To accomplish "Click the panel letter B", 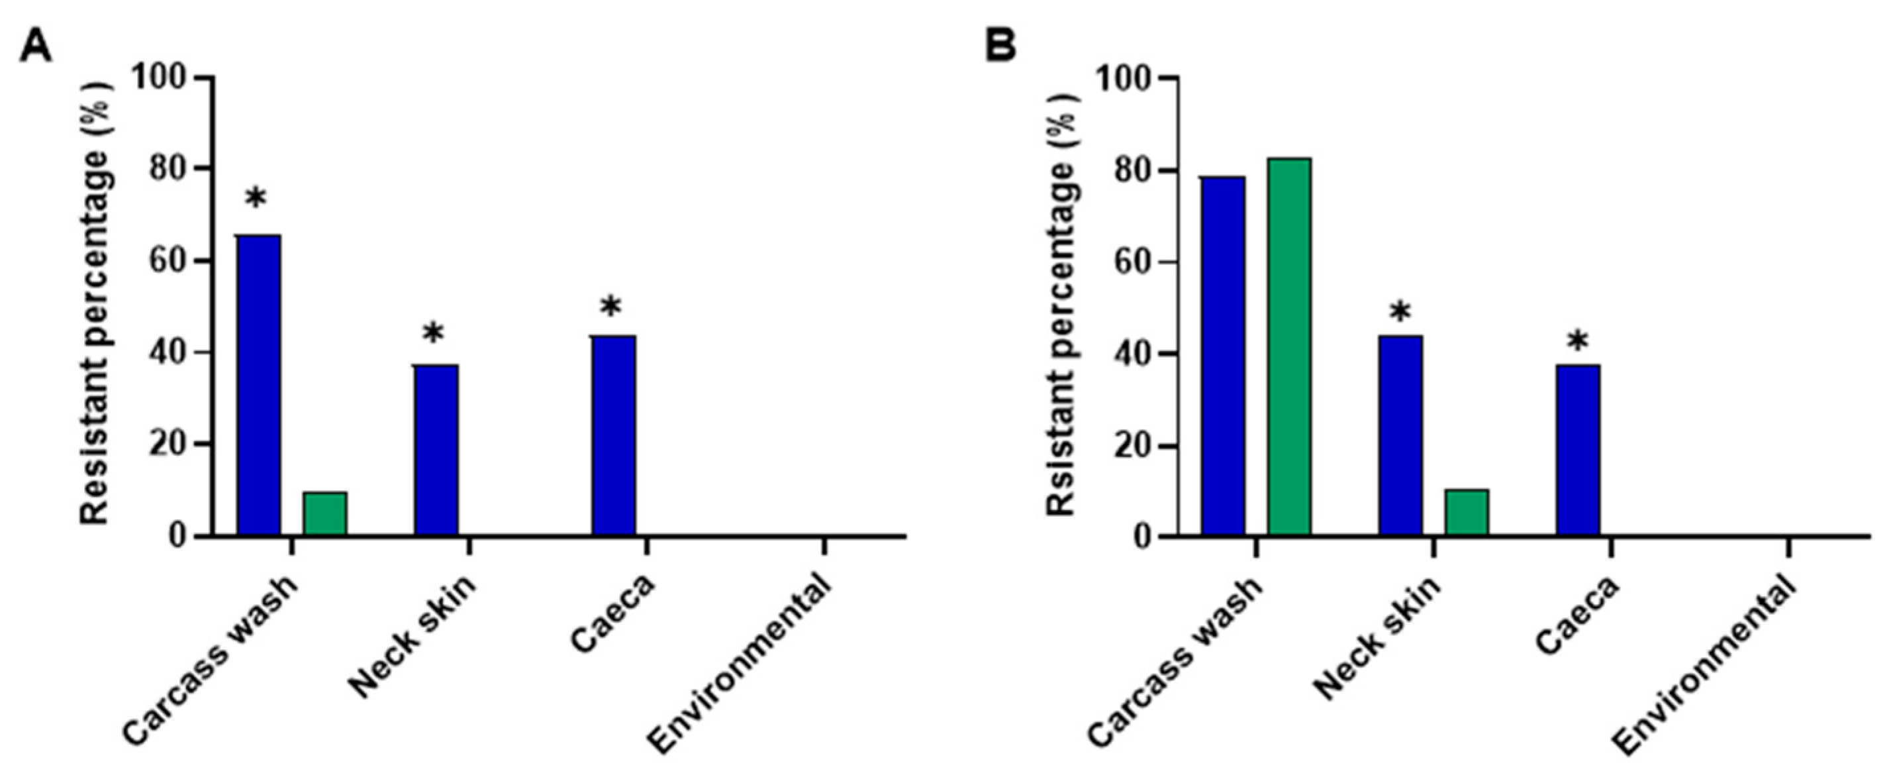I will [1000, 46].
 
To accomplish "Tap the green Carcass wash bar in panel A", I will [325, 513].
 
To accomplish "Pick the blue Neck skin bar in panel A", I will [436, 449].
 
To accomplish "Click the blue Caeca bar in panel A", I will [614, 435].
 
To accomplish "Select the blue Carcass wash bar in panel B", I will [1223, 356].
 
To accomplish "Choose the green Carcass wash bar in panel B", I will [1289, 346].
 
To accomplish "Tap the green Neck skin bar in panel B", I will [1466, 512].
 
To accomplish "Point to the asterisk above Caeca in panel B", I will [1577, 342].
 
